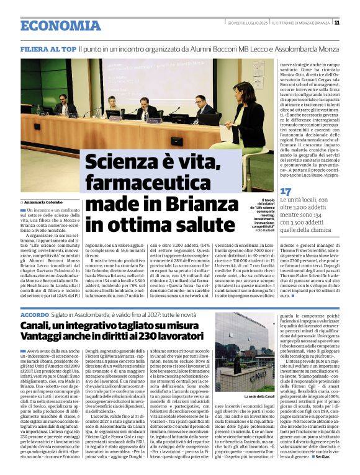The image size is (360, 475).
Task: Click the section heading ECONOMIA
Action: click(x=60, y=25)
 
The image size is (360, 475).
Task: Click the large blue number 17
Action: click(x=286, y=192)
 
